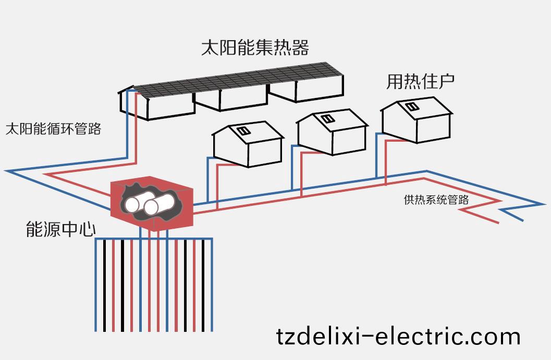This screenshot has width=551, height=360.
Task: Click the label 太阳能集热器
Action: point(255,47)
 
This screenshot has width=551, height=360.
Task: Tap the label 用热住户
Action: point(420,81)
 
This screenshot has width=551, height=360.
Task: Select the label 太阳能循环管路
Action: point(53,129)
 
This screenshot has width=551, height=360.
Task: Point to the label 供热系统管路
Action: point(436,200)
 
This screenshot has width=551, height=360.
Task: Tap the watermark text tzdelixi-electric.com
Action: point(398,336)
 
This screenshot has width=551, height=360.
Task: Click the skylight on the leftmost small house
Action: point(242,130)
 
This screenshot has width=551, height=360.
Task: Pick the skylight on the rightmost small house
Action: point(411,107)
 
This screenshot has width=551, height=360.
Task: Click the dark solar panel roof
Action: point(240,81)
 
